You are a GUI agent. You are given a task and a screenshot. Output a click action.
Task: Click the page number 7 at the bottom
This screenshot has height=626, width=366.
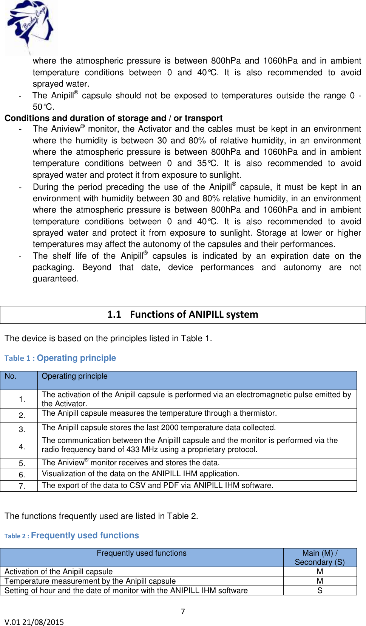point(183,612)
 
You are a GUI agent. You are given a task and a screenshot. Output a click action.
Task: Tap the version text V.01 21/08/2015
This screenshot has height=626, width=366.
point(34,622)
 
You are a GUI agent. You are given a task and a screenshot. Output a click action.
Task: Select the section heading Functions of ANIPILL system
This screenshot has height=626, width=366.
point(183,314)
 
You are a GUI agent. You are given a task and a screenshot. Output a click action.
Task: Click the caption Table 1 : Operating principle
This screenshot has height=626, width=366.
point(60,358)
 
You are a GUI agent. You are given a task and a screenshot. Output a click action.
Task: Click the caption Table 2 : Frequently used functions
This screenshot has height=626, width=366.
point(71,535)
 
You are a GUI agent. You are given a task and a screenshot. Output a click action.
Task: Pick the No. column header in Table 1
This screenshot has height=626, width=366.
point(11,376)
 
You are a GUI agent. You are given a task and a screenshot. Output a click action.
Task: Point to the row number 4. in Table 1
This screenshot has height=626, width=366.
point(22,447)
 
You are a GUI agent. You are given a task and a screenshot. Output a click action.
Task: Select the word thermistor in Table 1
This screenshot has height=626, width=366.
point(257,413)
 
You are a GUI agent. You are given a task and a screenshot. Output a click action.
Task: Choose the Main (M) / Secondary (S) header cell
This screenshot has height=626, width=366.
point(320,557)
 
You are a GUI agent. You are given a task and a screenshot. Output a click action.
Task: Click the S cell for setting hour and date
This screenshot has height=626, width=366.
point(320,590)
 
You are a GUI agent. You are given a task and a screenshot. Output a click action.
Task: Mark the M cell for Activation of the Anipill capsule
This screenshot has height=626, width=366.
point(320,572)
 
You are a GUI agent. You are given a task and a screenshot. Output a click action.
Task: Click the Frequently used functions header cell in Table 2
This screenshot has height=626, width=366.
point(141,553)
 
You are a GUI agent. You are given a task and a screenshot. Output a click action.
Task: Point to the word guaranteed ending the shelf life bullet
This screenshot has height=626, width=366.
point(56,279)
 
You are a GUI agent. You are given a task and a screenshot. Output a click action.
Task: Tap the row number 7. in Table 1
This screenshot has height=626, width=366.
point(22,486)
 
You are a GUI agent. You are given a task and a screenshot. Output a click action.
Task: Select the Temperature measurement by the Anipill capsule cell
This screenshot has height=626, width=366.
point(90,581)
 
